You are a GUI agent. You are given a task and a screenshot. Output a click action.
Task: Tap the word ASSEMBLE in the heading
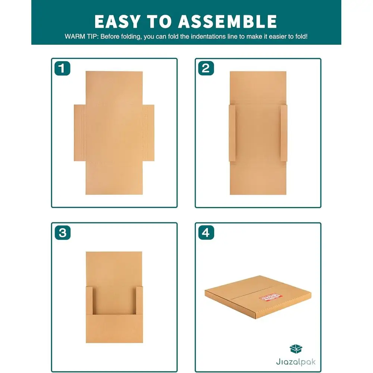coord(227,21)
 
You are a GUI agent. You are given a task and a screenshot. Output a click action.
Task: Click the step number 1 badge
coord(62,68)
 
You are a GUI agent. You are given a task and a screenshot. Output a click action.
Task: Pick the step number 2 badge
coord(206,68)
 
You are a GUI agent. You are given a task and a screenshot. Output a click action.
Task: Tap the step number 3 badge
coord(62,233)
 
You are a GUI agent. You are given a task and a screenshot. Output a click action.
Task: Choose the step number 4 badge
coord(206,233)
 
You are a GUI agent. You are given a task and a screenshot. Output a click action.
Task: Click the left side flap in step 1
coord(79,132)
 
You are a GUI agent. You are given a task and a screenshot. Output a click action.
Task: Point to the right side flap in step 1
coord(148,132)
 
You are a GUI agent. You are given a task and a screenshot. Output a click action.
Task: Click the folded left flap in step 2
coord(232,133)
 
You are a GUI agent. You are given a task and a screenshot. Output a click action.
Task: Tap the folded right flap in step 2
coord(283,133)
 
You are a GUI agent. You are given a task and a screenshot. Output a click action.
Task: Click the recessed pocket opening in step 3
coord(114,300)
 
